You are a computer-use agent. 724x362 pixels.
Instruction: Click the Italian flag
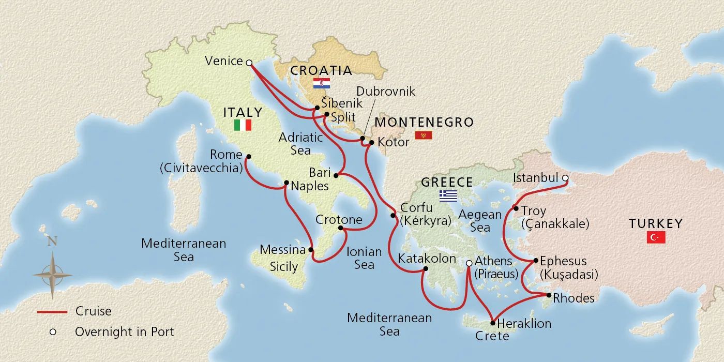(x=243, y=125)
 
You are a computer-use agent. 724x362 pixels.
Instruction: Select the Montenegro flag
(x=423, y=136)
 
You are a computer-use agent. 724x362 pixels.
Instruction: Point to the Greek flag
(x=448, y=195)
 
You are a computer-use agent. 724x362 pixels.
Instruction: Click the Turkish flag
(x=656, y=237)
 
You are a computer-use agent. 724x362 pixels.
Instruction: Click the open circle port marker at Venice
(x=249, y=63)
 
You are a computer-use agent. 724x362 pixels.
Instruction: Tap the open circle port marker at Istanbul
(x=565, y=178)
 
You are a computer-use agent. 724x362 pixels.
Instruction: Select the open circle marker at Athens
(x=469, y=263)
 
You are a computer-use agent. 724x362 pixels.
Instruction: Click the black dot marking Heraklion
(x=492, y=322)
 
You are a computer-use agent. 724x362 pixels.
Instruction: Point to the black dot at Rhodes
(x=549, y=295)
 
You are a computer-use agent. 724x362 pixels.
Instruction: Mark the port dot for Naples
(x=286, y=183)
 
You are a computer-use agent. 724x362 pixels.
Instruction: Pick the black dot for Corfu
(x=393, y=215)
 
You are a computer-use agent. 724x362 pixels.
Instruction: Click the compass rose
(x=52, y=275)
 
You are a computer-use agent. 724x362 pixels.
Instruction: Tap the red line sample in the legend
(x=52, y=312)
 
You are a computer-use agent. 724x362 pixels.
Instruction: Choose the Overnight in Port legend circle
(x=52, y=332)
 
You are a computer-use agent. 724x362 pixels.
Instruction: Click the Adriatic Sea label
(x=300, y=144)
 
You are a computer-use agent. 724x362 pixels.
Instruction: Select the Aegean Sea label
(x=480, y=220)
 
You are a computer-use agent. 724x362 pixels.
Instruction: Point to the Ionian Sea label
(x=364, y=258)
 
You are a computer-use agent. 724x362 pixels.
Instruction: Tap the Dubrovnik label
(x=386, y=92)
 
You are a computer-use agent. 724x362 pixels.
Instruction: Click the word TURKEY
(x=656, y=223)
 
